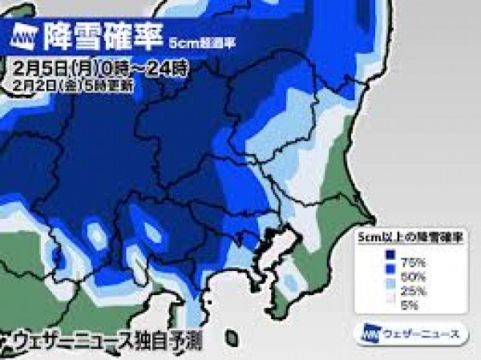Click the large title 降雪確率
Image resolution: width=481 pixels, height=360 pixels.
pos(100,36)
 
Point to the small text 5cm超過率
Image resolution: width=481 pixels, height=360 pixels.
pos(192,39)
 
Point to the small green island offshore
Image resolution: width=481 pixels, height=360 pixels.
pos(232,337)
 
